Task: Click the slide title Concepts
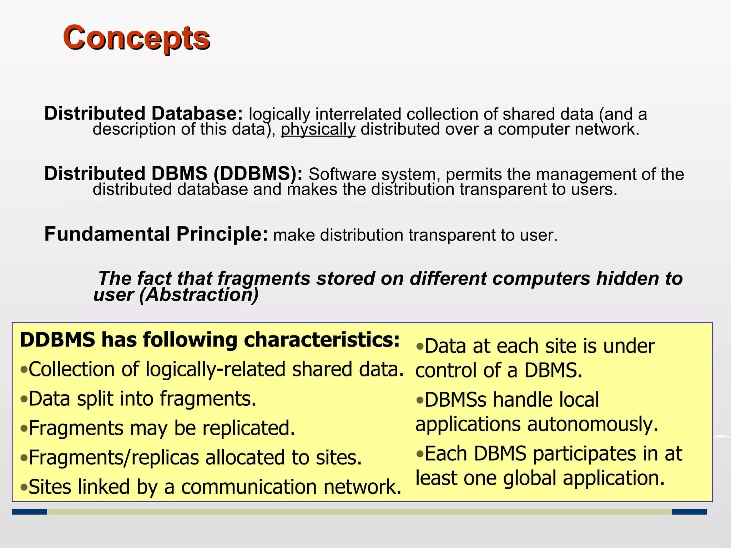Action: pyautogui.click(x=136, y=38)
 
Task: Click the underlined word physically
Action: pyautogui.click(x=318, y=129)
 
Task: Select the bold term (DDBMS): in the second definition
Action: pyautogui.click(x=258, y=174)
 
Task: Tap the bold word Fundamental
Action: pyautogui.click(x=107, y=234)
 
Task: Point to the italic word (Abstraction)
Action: pyautogui.click(x=199, y=295)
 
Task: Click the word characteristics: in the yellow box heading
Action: pyautogui.click(x=322, y=340)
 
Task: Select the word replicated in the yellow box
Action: pyautogui.click(x=248, y=428)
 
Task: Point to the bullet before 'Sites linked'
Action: pyautogui.click(x=24, y=487)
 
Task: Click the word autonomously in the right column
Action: pyautogui.click(x=593, y=425)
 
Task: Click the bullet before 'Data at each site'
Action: pyautogui.click(x=420, y=346)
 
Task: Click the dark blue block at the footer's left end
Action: pyautogui.click(x=29, y=512)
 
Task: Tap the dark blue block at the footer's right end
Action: pyautogui.click(x=689, y=512)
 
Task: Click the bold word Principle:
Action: pyautogui.click(x=222, y=234)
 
